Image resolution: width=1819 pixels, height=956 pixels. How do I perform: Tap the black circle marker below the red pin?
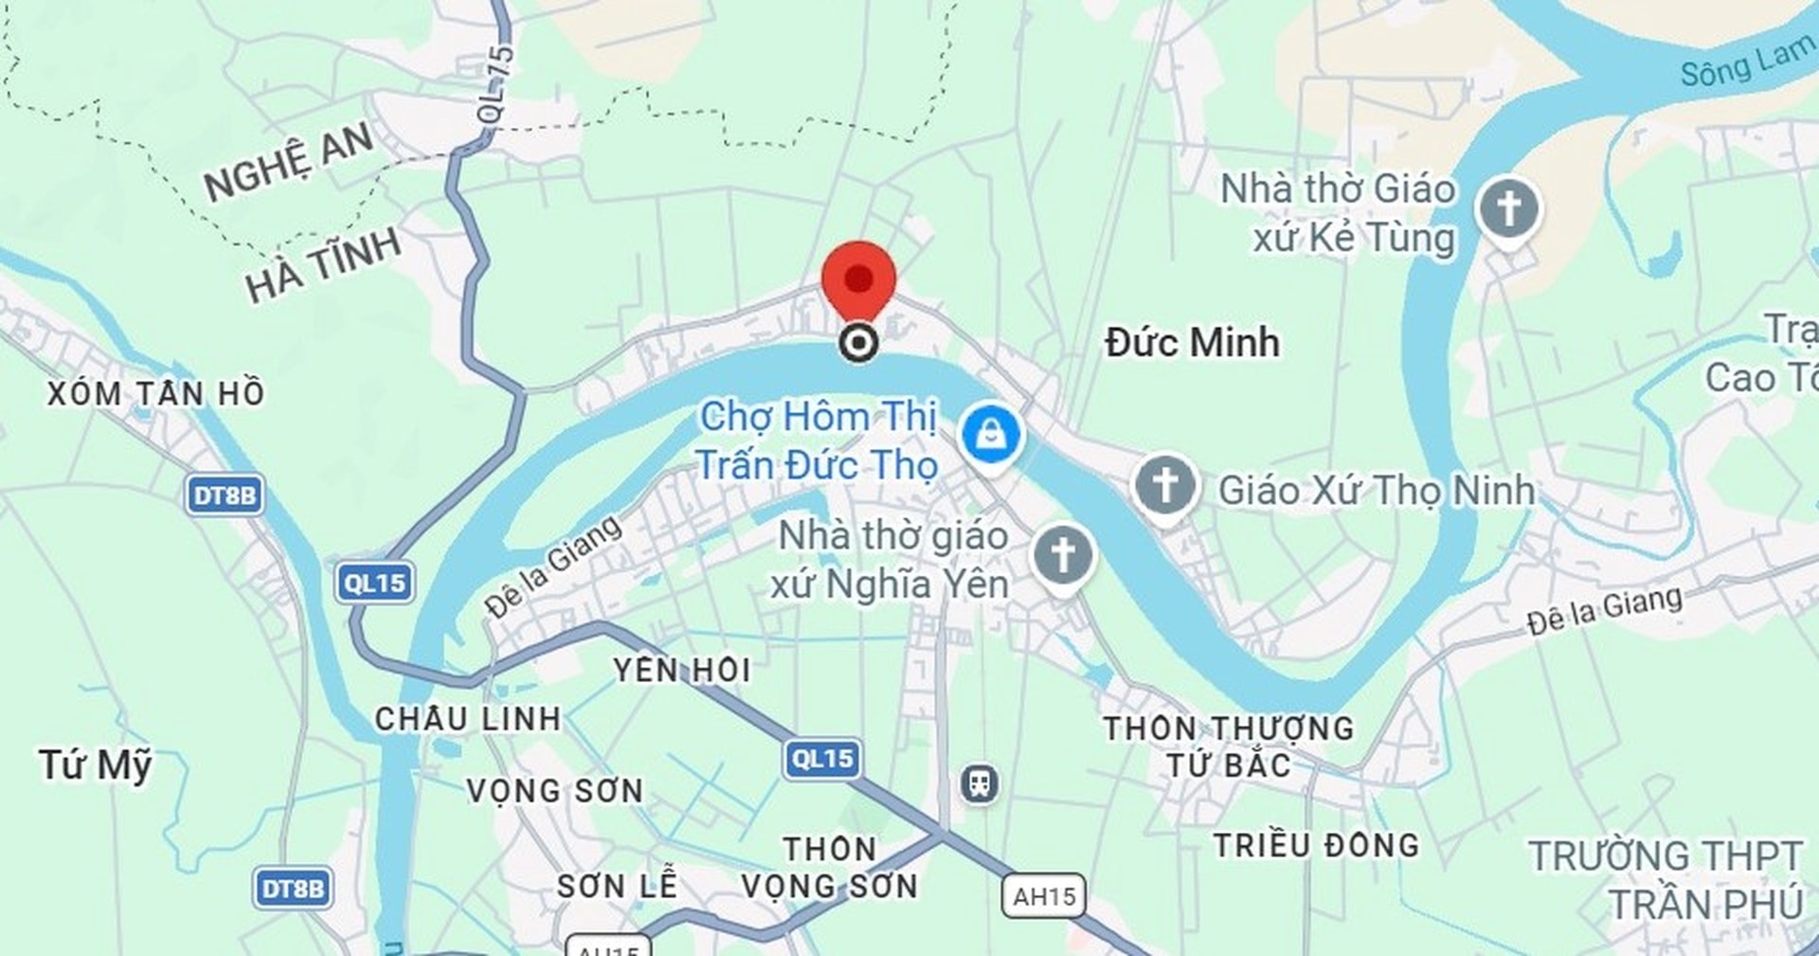[858, 342]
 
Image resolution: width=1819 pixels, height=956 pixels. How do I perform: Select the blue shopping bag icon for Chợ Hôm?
[990, 436]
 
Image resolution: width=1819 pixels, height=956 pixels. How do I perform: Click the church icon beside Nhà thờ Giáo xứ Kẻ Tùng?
[1508, 208]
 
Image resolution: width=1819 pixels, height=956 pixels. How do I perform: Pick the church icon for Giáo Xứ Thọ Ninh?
[1165, 485]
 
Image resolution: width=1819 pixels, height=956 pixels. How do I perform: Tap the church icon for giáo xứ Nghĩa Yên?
[1062, 556]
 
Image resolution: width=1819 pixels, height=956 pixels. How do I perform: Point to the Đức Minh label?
[1192, 342]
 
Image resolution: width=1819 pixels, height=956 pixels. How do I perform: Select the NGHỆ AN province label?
[289, 161]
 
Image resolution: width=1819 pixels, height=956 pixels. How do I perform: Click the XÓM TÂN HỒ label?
[155, 393]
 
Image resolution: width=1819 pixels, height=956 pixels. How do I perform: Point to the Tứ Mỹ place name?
[95, 764]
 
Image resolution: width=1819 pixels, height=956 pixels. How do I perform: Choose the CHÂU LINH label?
[468, 719]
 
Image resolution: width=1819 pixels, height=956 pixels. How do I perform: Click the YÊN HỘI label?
[682, 671]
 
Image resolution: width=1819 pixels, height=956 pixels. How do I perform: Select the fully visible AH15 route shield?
[1043, 895]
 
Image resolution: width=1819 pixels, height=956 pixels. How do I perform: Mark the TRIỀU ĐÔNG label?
[1316, 845]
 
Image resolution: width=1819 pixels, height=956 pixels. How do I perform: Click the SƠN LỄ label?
[617, 886]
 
